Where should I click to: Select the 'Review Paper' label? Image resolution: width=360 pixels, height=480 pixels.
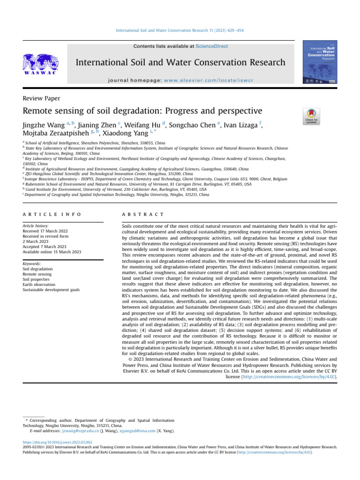tap(41, 98)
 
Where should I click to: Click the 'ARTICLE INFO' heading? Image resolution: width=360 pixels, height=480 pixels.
tap(52, 214)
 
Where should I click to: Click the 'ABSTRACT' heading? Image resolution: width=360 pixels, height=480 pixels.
tap(142, 214)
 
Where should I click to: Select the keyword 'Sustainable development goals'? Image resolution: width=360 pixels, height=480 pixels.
tap(51, 290)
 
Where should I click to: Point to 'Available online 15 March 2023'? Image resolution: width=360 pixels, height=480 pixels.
tap(52, 252)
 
